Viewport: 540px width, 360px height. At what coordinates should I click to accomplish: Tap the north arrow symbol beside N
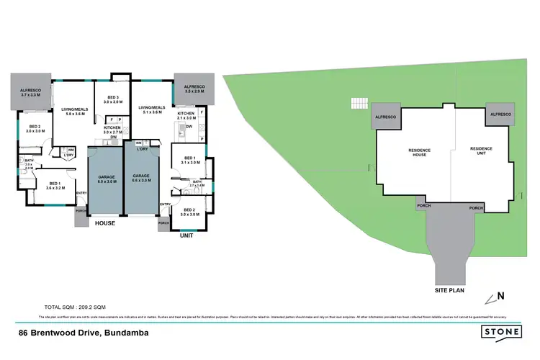tap(490, 297)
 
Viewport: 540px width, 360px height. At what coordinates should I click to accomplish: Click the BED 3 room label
tap(113, 99)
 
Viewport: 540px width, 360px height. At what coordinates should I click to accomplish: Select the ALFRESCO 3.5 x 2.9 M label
tap(194, 90)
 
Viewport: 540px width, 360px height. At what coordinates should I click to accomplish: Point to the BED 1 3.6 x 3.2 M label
tap(53, 185)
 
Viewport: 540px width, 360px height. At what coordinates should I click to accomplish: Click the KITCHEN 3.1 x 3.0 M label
tap(186, 117)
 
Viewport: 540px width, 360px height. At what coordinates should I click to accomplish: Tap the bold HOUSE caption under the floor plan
tap(105, 223)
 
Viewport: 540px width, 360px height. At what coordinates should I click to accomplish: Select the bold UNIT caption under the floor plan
tap(186, 235)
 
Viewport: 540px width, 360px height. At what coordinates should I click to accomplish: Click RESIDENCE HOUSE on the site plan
tap(419, 153)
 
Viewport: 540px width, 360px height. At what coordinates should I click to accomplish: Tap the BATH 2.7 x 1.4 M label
tap(197, 184)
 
